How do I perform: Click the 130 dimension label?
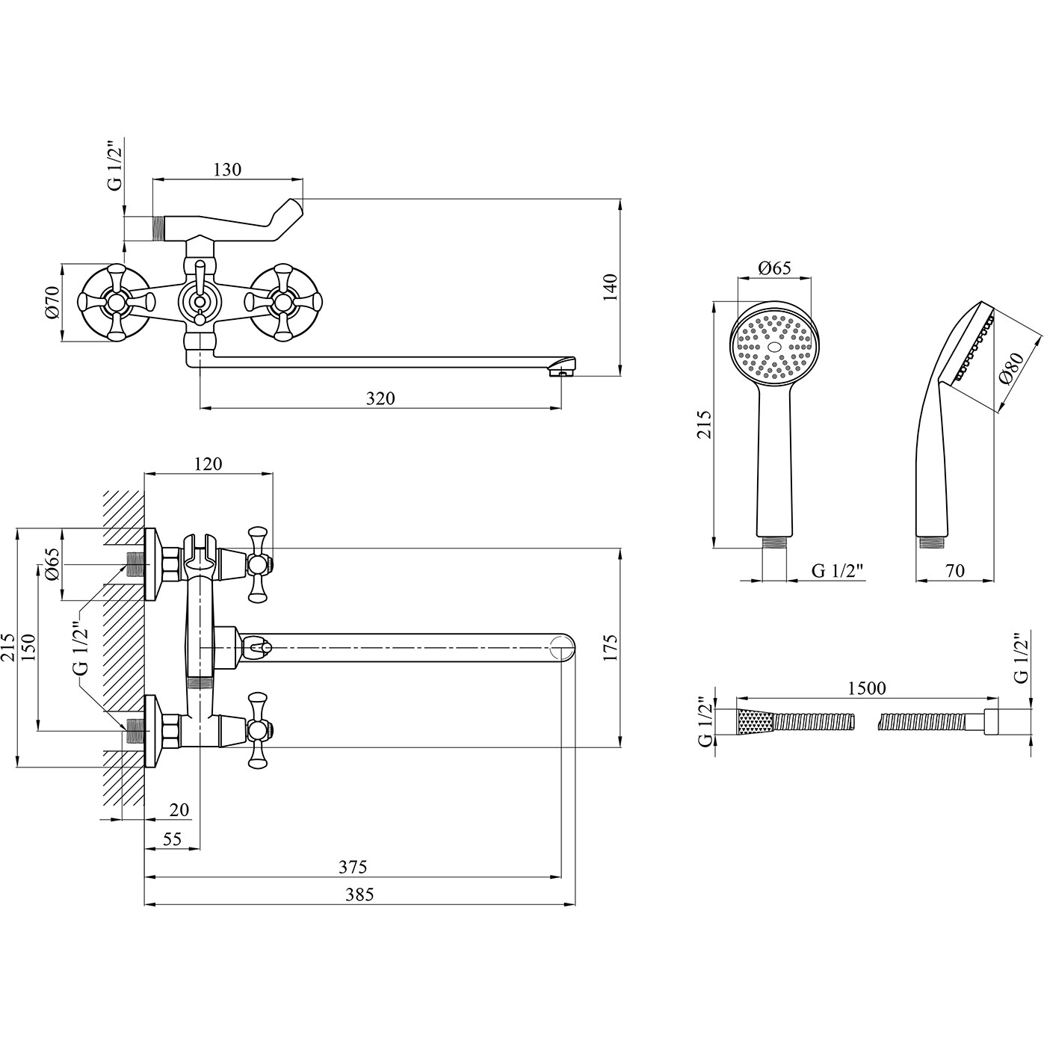tap(228, 170)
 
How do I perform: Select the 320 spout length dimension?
tap(380, 398)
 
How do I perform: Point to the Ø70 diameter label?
tap(52, 303)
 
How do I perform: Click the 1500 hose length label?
tap(867, 688)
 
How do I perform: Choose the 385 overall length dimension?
tap(359, 895)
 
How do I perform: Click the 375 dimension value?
tap(353, 867)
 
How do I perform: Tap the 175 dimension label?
tap(610, 649)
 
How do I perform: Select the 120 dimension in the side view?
tap(208, 464)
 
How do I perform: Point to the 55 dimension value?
tap(172, 839)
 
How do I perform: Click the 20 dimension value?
tap(179, 809)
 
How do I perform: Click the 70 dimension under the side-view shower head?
tap(954, 571)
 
